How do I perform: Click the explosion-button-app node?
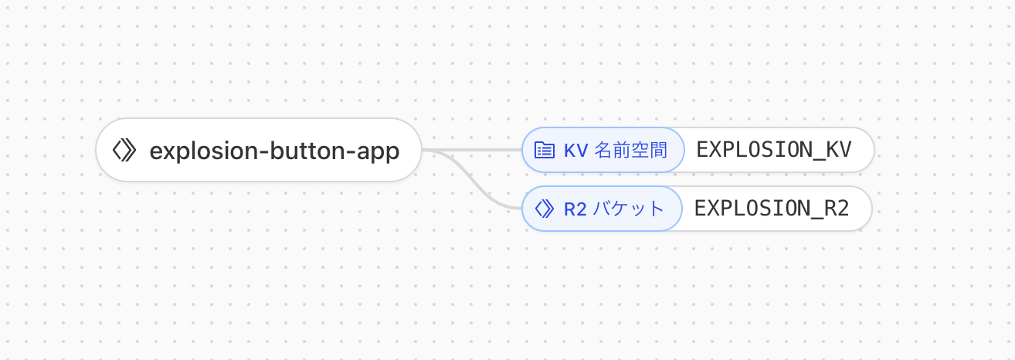258,151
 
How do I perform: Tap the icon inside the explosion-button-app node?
124,151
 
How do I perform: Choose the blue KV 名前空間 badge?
603,150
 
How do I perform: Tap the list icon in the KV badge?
545,150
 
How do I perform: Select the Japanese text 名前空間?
630,150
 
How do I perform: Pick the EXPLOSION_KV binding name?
774,150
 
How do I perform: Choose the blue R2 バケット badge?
602,209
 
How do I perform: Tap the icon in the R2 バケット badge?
545,209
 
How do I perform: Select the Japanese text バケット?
629,209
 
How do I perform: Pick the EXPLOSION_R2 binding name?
772,209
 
